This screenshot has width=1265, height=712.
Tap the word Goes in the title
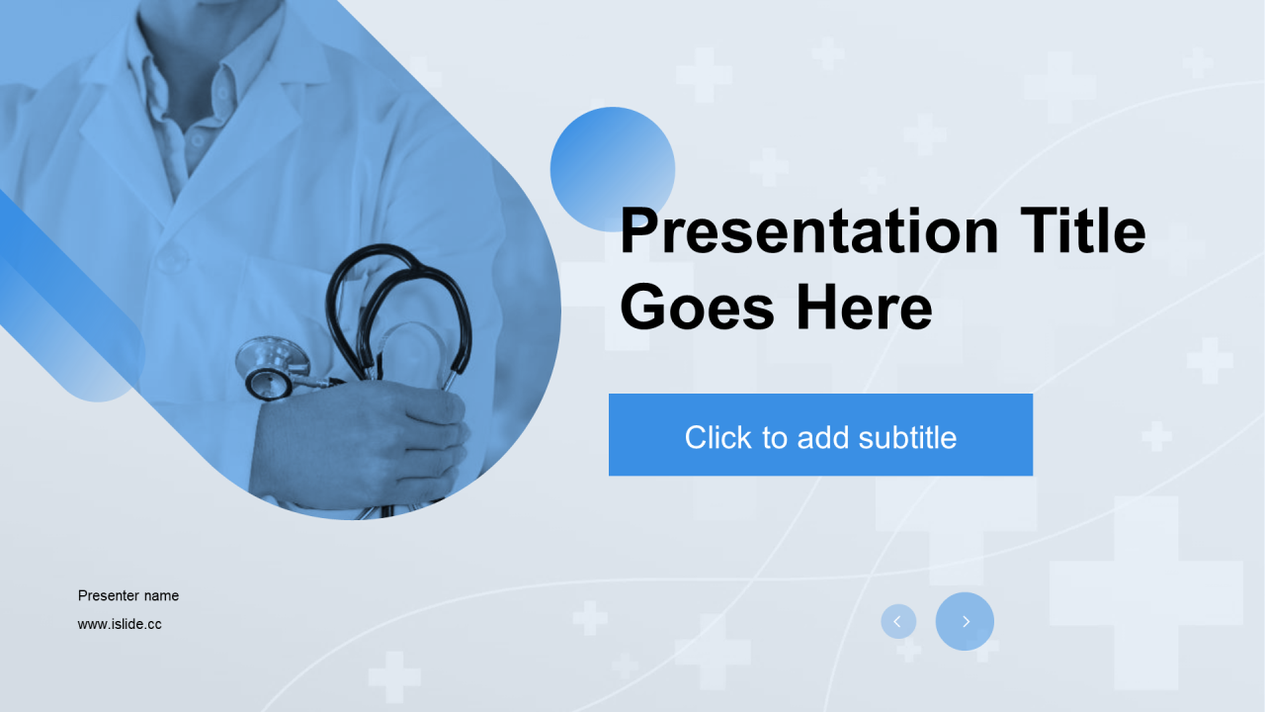pos(698,308)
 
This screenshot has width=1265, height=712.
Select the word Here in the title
pos(864,308)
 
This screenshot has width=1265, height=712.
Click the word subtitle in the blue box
pos(907,437)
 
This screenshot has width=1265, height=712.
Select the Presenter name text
pos(128,595)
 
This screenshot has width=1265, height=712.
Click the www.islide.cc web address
pos(120,624)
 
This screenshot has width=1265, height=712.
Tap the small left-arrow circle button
pos(898,622)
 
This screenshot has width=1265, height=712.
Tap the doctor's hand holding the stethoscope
pos(362,441)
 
